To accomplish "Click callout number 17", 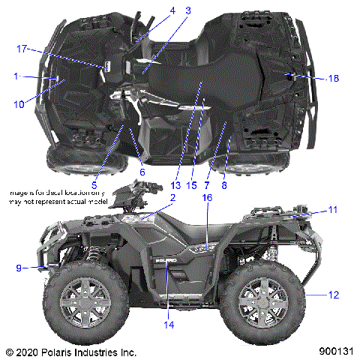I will point(22,49).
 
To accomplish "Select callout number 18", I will point(334,79).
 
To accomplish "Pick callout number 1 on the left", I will point(16,76).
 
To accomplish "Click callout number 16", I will point(207,196).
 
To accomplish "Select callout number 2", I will point(151,197).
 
